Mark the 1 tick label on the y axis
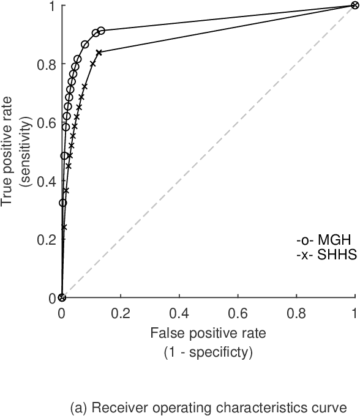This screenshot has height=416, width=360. tap(51, 6)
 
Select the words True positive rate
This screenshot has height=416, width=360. tap(8, 152)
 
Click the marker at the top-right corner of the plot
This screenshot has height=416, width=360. tap(355, 6)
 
